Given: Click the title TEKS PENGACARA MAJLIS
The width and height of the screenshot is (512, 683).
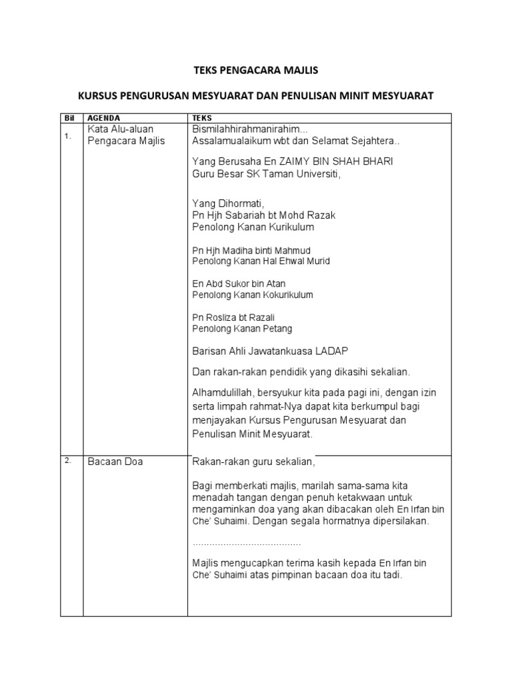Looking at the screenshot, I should (255, 69).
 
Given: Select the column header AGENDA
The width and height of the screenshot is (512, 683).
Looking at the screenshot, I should (104, 117).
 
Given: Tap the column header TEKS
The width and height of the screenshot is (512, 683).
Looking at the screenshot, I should (202, 117).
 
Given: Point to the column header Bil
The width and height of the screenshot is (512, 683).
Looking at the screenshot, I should (68, 117).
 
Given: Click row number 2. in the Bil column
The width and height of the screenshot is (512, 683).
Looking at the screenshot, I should (67, 461).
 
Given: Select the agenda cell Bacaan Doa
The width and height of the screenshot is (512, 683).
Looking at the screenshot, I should (115, 462).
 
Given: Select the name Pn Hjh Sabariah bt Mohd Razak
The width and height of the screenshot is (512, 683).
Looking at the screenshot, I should (264, 215).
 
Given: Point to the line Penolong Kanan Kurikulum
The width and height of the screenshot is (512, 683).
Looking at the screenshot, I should (253, 227).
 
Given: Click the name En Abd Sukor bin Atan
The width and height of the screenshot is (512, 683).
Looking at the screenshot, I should (239, 283).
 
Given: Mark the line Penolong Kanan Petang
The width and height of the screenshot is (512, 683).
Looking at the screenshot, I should (242, 329).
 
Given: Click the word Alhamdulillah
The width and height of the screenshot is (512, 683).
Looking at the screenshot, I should (223, 392).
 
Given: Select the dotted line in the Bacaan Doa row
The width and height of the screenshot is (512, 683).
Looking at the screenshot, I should (247, 544).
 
